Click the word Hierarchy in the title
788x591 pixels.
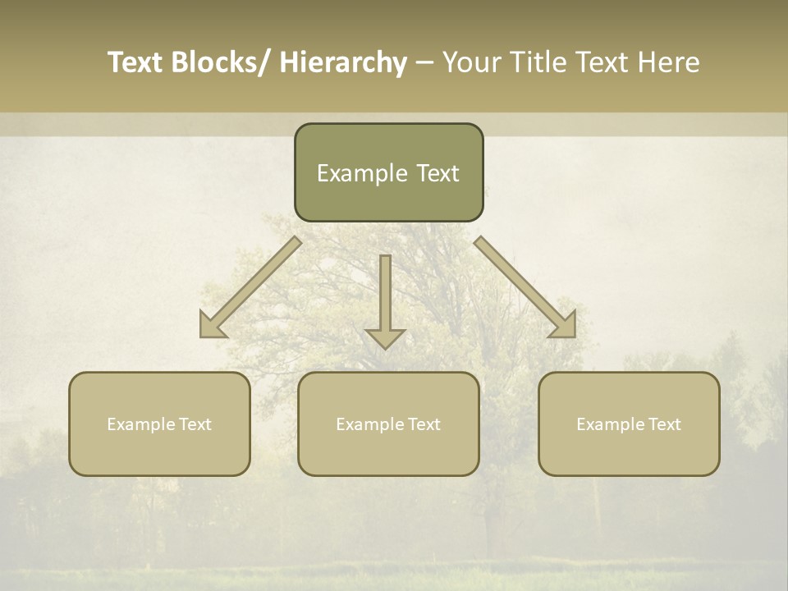(x=343, y=62)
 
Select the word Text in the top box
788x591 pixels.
(x=437, y=173)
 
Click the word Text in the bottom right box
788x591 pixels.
(x=664, y=424)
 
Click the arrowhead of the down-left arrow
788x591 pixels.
(x=212, y=325)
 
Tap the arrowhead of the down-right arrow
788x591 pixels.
(x=564, y=325)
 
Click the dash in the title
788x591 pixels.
(x=424, y=62)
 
